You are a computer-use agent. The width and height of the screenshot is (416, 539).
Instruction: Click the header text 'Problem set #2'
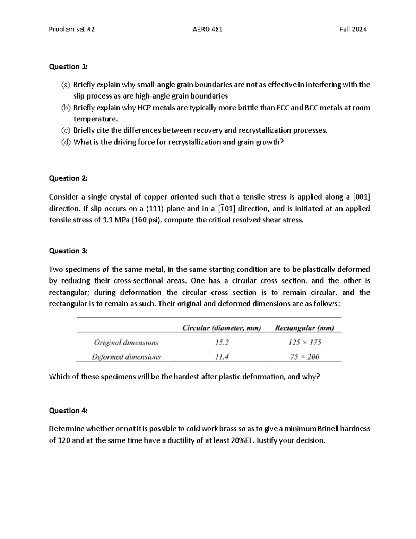coord(72,30)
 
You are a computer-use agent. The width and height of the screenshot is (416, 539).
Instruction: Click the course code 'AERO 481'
coord(207,30)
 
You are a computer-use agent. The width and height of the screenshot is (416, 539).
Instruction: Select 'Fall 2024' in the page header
coord(353,30)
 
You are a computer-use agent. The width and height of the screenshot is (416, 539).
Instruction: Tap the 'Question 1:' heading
coord(68,67)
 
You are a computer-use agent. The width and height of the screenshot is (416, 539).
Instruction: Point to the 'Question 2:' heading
coord(68,178)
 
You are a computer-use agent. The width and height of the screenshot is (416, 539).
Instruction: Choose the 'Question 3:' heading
coord(68,251)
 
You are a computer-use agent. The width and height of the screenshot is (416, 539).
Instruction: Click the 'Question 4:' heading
coord(68,411)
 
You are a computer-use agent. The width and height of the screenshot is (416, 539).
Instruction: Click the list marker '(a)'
coord(66,85)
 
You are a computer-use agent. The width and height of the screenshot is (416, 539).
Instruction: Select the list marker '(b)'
coord(66,108)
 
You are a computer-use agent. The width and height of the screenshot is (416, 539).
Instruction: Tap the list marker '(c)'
coord(66,130)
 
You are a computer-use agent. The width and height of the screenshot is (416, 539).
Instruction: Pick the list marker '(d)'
coord(66,142)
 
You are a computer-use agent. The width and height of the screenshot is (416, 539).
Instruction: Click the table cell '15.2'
coord(222,343)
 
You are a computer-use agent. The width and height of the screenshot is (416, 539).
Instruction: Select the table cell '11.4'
coord(222,357)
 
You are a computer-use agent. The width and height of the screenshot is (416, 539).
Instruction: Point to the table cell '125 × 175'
coord(305,343)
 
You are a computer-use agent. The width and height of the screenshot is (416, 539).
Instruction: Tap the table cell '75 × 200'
coord(305,357)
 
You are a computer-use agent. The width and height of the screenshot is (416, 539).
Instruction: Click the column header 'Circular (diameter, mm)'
coord(222,328)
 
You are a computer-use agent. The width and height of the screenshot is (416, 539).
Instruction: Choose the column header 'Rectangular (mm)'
coord(304,328)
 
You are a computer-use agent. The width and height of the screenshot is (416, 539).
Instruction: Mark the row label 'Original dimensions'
coord(126,343)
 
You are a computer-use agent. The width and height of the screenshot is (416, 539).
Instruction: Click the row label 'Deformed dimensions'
coord(126,357)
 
